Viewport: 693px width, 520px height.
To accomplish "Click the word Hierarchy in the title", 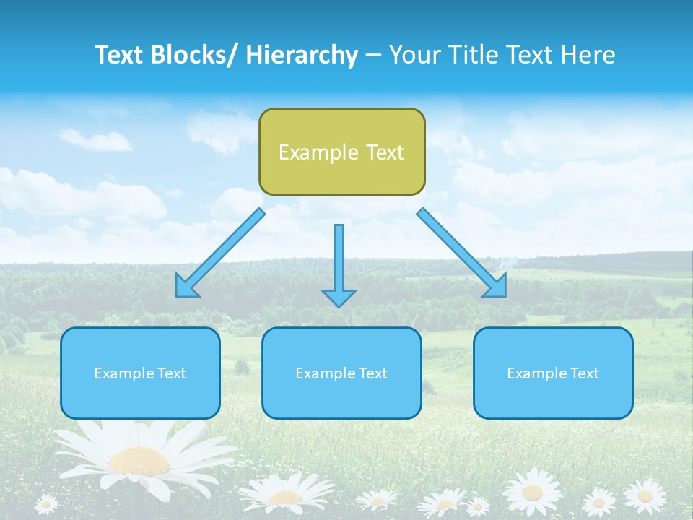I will pos(302,55).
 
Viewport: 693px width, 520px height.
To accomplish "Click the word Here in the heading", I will pos(587,55).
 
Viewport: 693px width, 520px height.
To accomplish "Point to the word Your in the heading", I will pos(414,55).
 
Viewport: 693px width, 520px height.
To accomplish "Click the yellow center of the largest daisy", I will pos(139,460).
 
